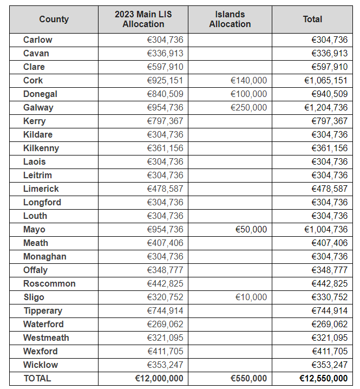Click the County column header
(54, 19)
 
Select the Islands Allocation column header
(230, 19)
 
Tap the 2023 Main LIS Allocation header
(143, 19)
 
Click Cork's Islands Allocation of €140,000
(248, 80)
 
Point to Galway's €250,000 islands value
(248, 107)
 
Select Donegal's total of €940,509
(330, 94)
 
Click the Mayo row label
(34, 230)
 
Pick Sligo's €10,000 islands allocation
(251, 297)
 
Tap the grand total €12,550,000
(323, 378)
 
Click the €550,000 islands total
(248, 378)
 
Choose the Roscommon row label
(49, 283)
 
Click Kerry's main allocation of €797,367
(165, 121)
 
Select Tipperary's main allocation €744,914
(165, 310)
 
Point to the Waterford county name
(43, 324)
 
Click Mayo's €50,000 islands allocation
(251, 230)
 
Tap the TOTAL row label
(37, 378)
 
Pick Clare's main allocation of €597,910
(165, 67)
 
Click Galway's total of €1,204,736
(326, 107)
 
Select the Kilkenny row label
(41, 148)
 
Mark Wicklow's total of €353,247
(330, 365)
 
